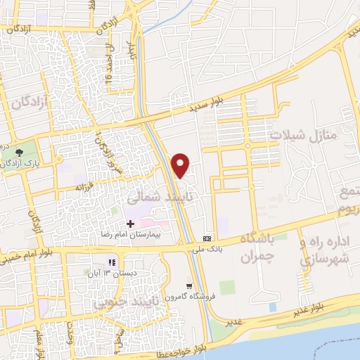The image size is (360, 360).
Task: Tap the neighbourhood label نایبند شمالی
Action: point(157,198)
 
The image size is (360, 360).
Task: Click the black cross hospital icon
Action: point(130,223)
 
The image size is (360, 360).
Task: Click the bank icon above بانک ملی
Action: point(207,238)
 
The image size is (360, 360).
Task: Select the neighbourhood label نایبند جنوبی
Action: point(124,302)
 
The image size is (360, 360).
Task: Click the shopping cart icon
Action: point(188,285)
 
